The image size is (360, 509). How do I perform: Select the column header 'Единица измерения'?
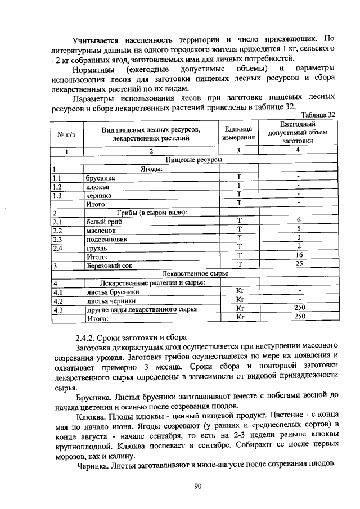click(238, 133)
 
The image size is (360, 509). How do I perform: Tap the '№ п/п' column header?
click(66, 134)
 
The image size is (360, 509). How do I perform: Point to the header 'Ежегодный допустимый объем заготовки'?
click(298, 133)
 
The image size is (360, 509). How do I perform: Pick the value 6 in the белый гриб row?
click(299, 220)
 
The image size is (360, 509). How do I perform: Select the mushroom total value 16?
click(299, 255)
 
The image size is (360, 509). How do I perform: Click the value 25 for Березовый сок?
click(299, 263)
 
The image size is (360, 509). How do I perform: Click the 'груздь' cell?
click(97, 247)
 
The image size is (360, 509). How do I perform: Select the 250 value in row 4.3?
click(299, 308)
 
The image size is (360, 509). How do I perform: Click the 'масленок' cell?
click(101, 230)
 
